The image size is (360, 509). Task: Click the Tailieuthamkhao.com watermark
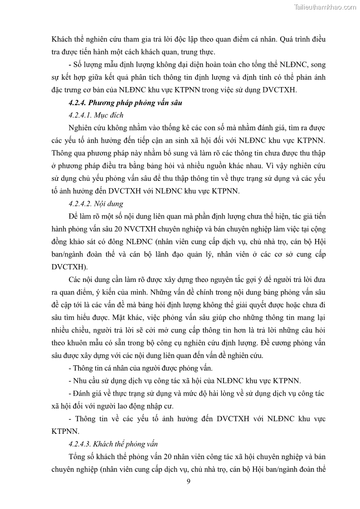coord(326,7)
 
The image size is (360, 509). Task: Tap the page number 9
coord(188,481)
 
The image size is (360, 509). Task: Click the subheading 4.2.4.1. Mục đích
coord(94,115)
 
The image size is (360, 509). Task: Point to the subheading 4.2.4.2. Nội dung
coord(94,204)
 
